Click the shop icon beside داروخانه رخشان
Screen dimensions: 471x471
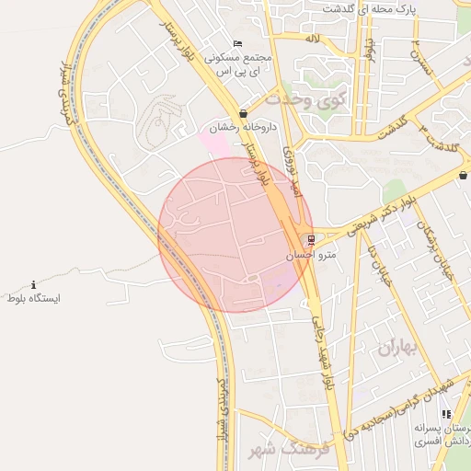coord(242,114)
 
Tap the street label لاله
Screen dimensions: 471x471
coord(313,40)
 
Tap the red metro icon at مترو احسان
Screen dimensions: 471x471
coord(311,240)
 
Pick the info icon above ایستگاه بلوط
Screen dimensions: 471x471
coord(34,285)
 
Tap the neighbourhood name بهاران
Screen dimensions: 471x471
coord(397,348)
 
